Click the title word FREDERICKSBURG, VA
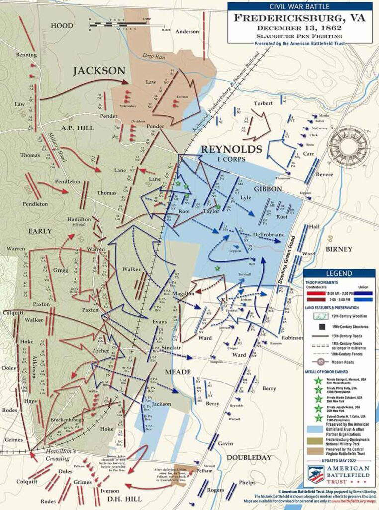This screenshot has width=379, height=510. point(300,19)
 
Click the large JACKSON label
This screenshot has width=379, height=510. point(99,71)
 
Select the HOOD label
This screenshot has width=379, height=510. point(62,25)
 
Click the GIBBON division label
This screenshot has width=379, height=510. point(268,189)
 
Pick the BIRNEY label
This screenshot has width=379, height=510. point(339,249)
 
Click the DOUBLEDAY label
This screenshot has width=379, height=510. point(255,457)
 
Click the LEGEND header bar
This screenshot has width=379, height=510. point(339,273)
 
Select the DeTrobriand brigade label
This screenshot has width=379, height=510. point(268,234)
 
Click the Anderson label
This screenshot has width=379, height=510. point(187,32)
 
